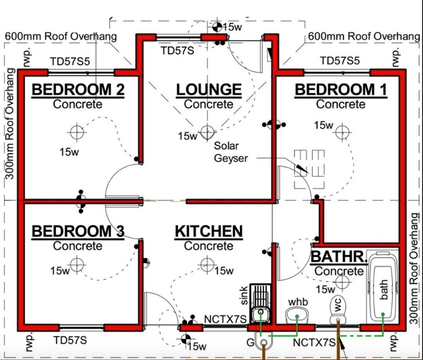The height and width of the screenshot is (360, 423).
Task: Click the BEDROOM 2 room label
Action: coord(78,89)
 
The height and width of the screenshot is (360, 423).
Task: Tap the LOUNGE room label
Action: coord(209,89)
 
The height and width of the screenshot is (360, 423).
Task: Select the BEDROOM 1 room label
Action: coord(341,89)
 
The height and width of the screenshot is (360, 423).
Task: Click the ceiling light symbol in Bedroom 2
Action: coord(76,132)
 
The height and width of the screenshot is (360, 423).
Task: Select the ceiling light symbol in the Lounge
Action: coord(207,132)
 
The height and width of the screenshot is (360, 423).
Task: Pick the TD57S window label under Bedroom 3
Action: coord(70,340)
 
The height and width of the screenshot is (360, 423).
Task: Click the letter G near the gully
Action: coord(250,343)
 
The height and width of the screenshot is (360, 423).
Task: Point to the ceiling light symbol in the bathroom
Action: coord(343,282)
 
